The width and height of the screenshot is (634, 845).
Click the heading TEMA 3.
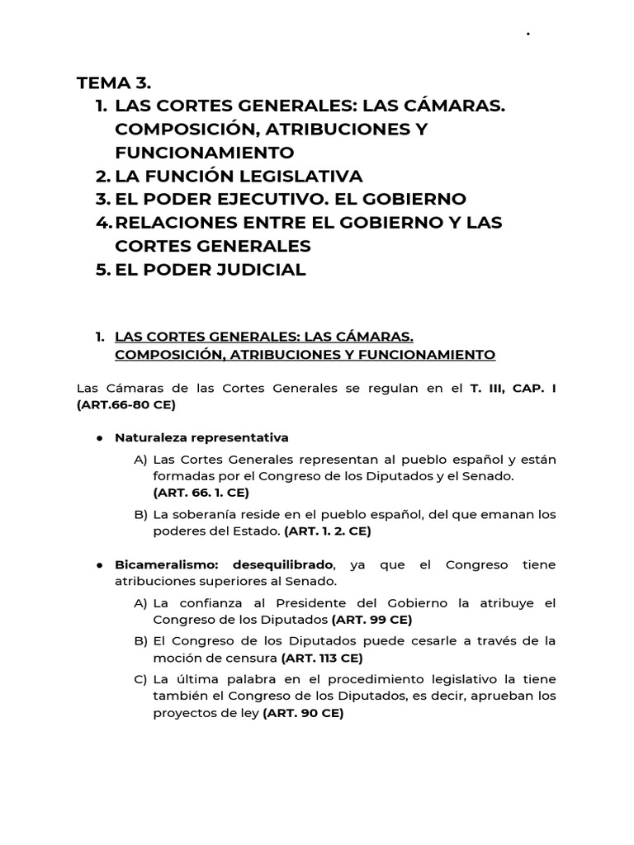(x=114, y=83)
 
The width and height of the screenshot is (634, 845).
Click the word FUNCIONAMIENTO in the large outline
(x=205, y=153)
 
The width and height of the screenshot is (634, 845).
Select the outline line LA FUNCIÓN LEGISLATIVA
(x=239, y=176)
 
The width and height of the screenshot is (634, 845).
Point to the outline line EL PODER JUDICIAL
(x=211, y=269)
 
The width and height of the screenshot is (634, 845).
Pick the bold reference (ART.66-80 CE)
(x=125, y=404)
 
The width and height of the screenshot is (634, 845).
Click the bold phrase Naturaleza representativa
(x=201, y=437)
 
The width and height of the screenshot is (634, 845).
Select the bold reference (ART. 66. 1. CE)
(x=201, y=493)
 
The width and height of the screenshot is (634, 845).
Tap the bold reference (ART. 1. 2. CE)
(x=328, y=531)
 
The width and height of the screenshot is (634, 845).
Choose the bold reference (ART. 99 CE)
(x=371, y=619)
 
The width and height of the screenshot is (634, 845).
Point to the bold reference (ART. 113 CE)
(x=322, y=658)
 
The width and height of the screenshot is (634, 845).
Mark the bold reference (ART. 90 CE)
(x=303, y=714)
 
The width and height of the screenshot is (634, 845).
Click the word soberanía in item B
(x=201, y=515)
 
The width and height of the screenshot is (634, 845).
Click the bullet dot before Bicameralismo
(x=97, y=565)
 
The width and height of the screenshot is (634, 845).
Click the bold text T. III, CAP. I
(x=513, y=388)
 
